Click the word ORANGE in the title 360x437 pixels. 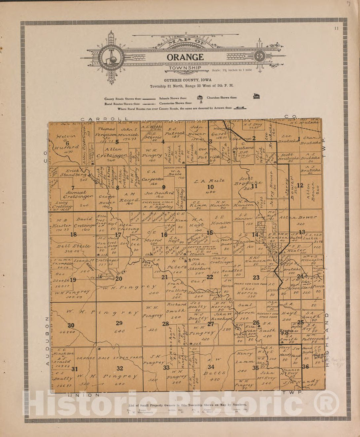point(185,57)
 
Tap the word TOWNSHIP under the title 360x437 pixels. point(184,68)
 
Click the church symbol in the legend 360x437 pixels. point(256,96)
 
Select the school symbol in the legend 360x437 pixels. point(200,97)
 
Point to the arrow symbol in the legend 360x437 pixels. point(240,108)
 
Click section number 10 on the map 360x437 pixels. point(210,187)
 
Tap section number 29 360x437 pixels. point(119,323)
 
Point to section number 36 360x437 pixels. point(306,367)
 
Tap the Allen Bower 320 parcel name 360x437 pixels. point(305,218)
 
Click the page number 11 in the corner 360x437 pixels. point(336,28)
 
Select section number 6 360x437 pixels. point(67,143)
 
